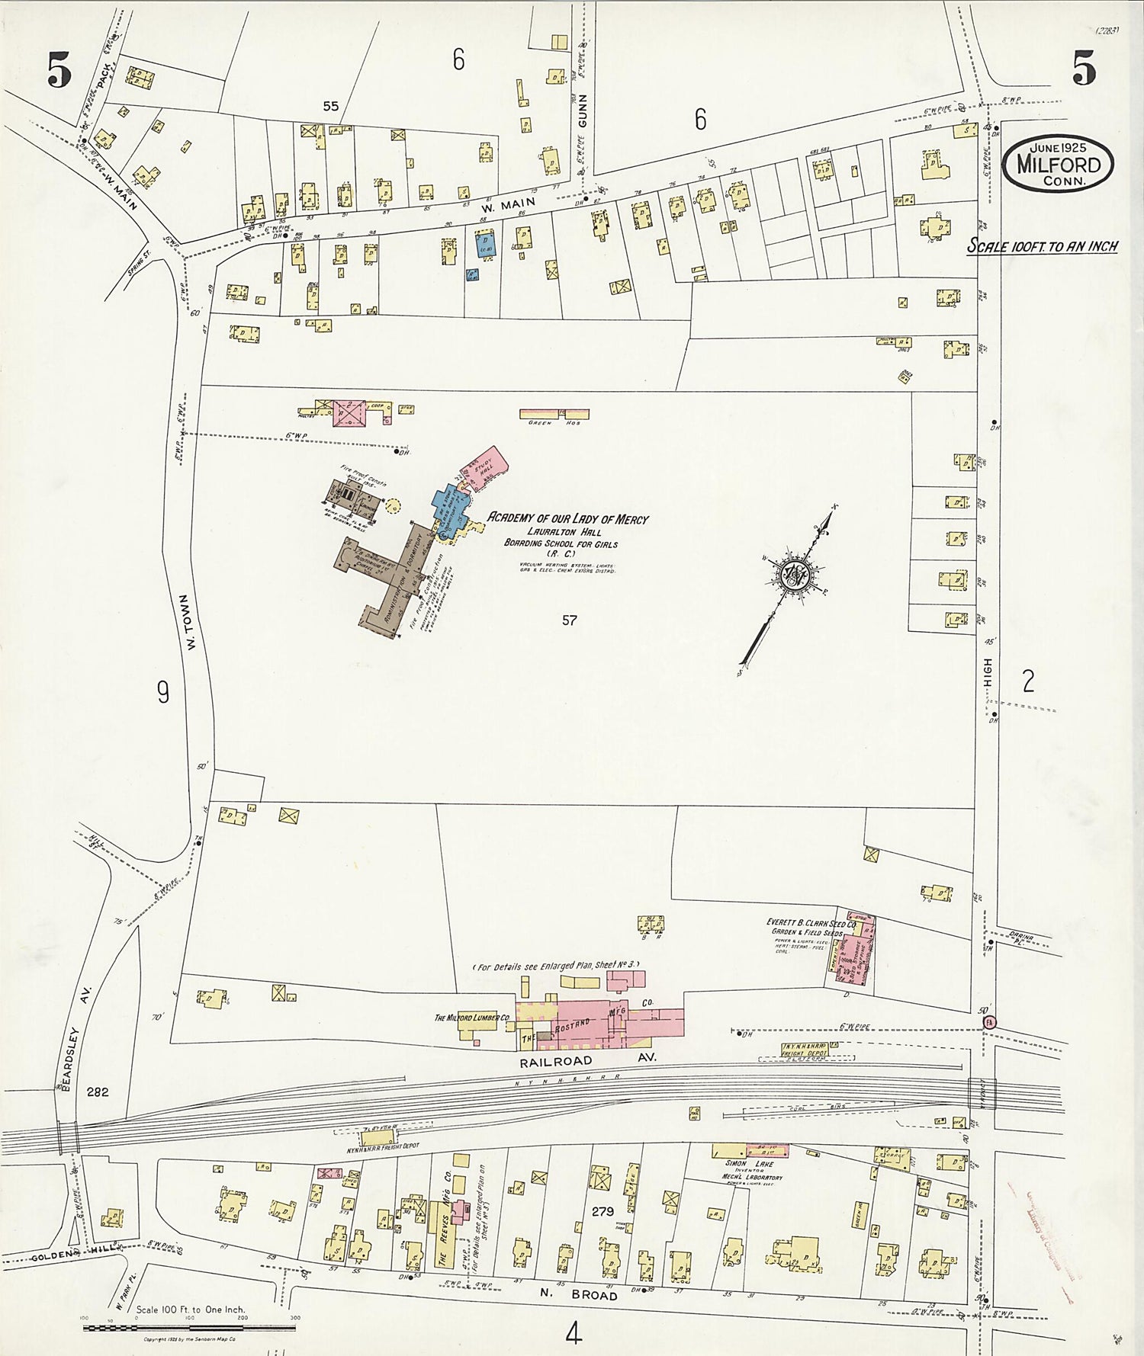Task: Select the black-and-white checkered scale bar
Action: coord(188,1328)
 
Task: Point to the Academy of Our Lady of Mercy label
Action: coord(567,519)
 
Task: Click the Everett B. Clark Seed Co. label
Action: coord(811,923)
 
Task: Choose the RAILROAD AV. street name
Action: coord(587,1059)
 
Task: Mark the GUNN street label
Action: coord(583,111)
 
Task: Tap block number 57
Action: coord(569,620)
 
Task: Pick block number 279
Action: coord(603,1210)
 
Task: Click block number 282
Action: coord(98,1092)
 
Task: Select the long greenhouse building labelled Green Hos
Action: coord(554,414)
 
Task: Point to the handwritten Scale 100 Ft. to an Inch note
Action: coord(1043,246)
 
